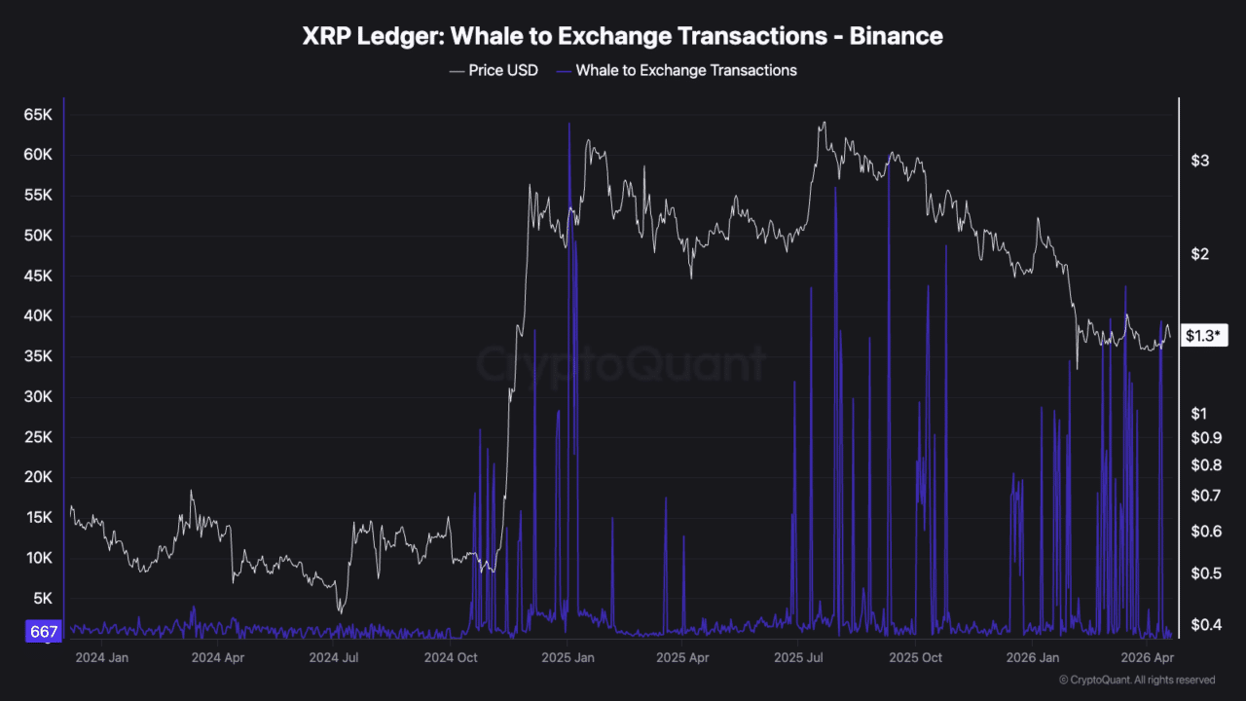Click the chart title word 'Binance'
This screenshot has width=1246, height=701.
click(896, 36)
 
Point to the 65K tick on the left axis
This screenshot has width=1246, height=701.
click(38, 115)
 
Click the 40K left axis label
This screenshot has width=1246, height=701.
click(38, 316)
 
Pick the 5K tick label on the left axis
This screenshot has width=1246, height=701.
click(45, 599)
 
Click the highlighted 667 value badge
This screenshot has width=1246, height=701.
click(45, 632)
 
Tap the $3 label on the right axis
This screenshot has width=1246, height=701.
click(1199, 161)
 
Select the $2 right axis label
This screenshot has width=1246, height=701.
click(1199, 255)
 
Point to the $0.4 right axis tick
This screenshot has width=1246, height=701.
click(1205, 624)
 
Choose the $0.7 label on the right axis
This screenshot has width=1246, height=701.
click(1205, 497)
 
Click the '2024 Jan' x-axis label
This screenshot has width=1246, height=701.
click(102, 657)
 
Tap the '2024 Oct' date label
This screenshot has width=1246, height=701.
click(452, 657)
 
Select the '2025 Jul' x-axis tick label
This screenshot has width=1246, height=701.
click(800, 657)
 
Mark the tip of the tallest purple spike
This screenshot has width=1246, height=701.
click(568, 125)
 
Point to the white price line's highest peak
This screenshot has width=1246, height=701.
click(824, 123)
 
